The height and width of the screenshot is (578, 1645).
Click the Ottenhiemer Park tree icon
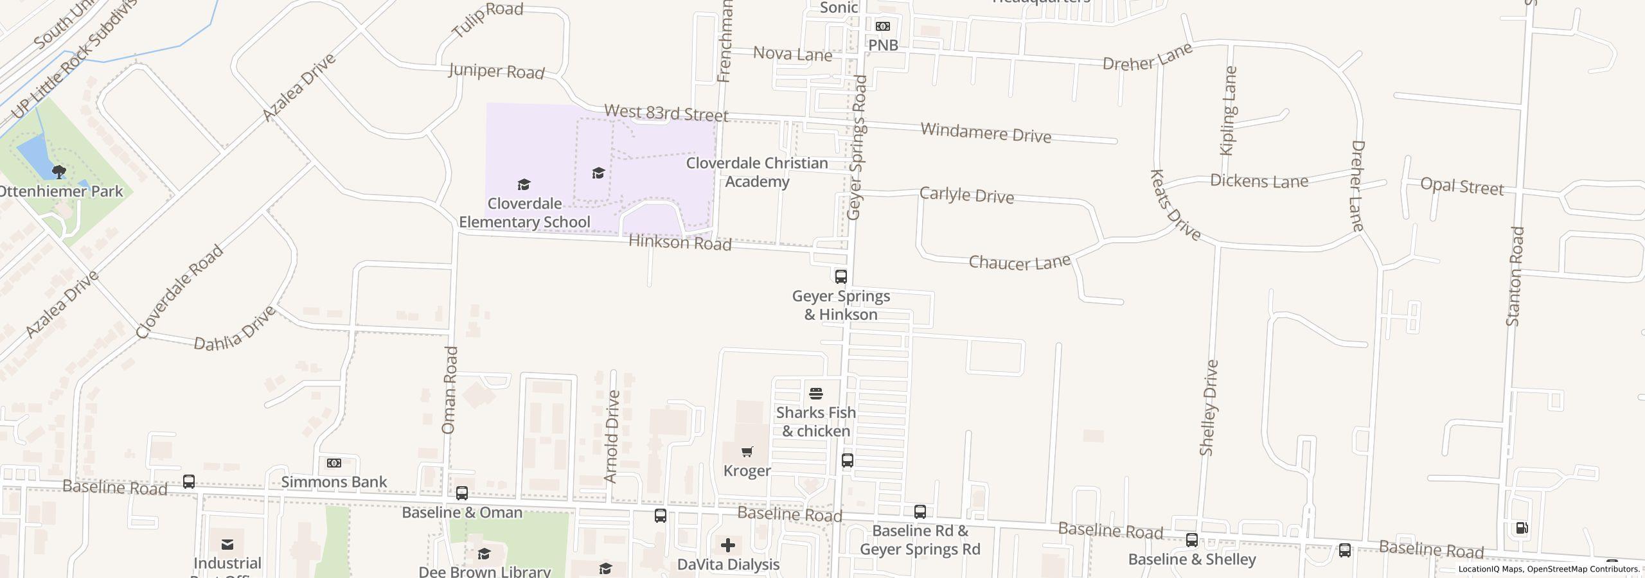point(58,171)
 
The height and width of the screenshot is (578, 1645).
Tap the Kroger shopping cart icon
point(747,452)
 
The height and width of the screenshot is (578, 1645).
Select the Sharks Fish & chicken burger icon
point(816,393)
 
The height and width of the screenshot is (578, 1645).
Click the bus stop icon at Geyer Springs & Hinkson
point(840,277)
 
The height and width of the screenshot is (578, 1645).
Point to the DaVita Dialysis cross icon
point(728,545)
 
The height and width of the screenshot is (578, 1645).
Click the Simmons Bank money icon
point(334,463)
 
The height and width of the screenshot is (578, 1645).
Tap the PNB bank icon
point(883,26)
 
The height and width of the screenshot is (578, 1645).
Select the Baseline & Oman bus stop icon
point(462,493)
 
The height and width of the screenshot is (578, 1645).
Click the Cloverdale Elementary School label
point(524,213)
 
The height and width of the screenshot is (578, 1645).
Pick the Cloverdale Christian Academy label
point(757,172)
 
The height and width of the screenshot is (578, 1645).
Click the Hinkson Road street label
point(680,243)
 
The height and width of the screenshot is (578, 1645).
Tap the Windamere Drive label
point(986,133)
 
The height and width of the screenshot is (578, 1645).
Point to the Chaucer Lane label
point(1019,262)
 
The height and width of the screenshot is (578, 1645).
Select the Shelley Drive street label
point(1209,408)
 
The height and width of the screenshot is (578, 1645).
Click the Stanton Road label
point(1515,276)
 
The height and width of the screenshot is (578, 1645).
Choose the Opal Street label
point(1462,186)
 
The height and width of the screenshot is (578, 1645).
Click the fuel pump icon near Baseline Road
point(1522,528)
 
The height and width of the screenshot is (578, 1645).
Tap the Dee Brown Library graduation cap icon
point(485,554)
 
